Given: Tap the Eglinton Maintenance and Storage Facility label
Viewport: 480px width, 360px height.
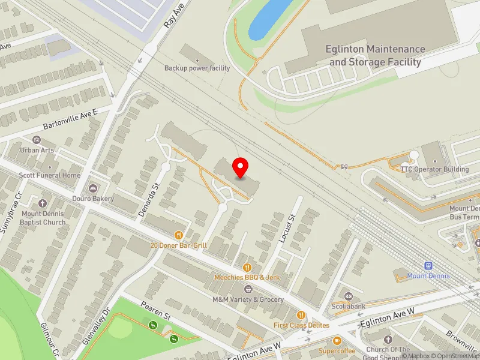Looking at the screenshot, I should click(376, 55).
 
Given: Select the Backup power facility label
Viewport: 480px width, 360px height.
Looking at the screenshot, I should click(197, 68).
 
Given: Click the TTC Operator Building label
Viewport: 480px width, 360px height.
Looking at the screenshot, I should click(435, 169).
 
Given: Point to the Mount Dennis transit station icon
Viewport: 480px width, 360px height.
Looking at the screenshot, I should click(428, 266).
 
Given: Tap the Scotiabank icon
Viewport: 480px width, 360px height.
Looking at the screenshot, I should click(349, 296).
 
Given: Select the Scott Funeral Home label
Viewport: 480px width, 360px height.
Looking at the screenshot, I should click(49, 175).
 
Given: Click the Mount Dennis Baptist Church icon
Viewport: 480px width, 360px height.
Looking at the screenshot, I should click(43, 204).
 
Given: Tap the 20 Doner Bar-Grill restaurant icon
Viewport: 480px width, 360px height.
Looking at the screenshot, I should click(178, 235).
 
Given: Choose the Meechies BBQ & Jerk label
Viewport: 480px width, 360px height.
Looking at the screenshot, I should click(247, 277).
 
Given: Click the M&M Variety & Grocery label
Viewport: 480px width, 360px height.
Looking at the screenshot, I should click(248, 299).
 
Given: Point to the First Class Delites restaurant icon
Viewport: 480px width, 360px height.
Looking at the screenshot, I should click(301, 315).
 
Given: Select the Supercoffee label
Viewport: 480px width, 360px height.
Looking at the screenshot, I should click(337, 350).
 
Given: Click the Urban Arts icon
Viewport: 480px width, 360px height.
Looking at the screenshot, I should click(37, 140).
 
